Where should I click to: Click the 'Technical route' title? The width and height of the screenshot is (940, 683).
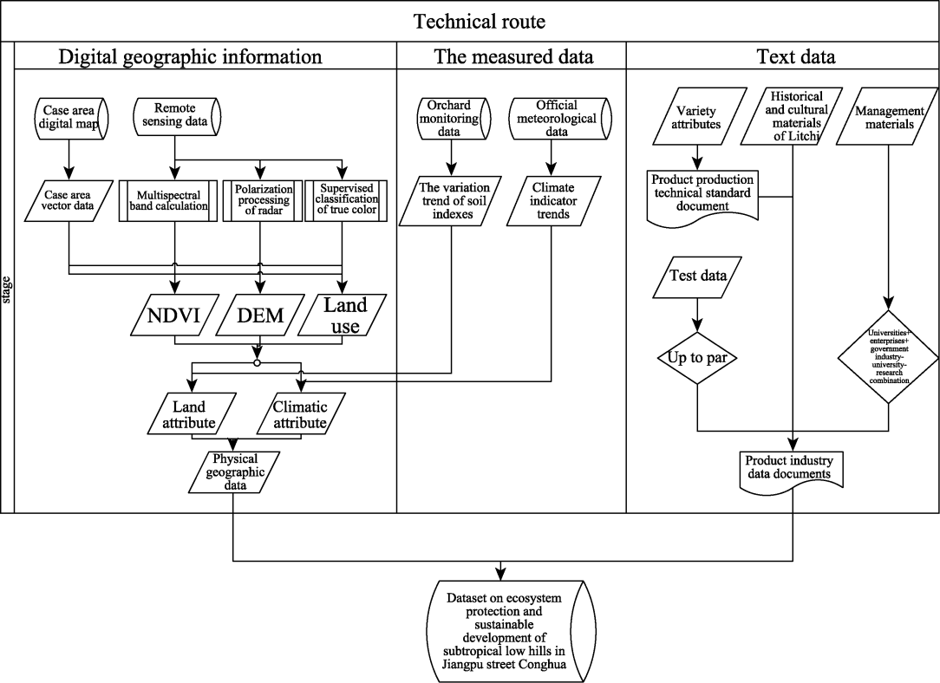(x=479, y=21)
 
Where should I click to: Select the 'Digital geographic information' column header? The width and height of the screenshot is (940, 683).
(x=190, y=57)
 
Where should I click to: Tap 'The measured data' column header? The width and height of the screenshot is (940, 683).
(x=514, y=57)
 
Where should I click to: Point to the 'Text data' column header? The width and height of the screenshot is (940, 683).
(x=796, y=57)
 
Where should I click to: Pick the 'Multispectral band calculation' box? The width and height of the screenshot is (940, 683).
(x=173, y=199)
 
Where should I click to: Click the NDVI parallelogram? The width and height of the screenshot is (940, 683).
(x=173, y=315)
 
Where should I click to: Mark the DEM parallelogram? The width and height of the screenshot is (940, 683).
(x=261, y=315)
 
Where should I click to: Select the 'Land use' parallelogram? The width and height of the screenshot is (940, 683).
(x=345, y=315)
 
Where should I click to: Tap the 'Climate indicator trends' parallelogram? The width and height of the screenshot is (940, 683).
(x=552, y=202)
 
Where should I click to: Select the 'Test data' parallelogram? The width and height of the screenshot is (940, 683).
(x=698, y=276)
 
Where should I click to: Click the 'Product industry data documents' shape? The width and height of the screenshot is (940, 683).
(x=789, y=468)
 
